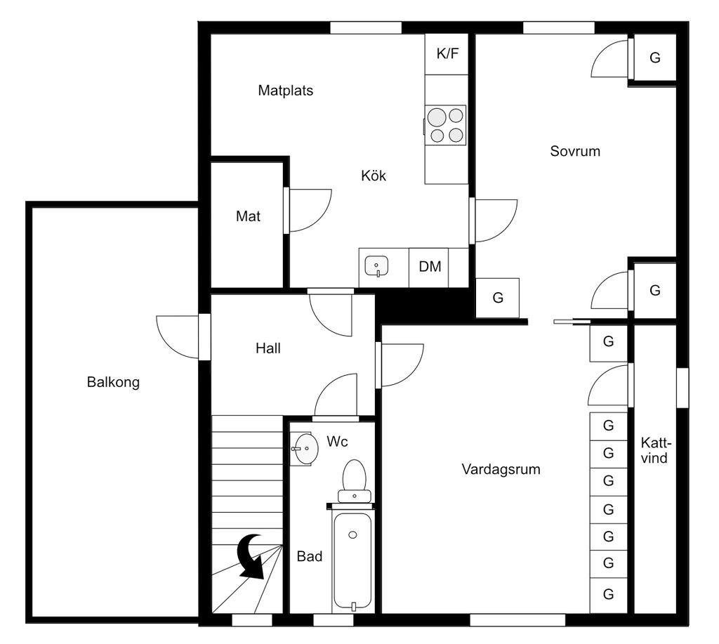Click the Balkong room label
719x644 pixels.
click(113, 383)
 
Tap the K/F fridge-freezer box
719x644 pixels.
click(447, 53)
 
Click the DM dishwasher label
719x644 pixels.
click(430, 267)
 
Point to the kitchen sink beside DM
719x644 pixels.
click(378, 267)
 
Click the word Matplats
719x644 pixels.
click(285, 91)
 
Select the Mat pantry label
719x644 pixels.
click(248, 217)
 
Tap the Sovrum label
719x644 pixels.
click(575, 151)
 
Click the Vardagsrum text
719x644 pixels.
click(501, 469)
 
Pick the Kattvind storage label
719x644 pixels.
click(656, 451)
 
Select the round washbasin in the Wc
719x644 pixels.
click(305, 448)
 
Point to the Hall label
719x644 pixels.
click(268, 348)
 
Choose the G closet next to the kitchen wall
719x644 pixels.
click(498, 298)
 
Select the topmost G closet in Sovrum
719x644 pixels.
click(654, 58)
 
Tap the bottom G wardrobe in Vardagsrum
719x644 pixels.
click(608, 594)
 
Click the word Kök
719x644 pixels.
click(374, 176)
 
